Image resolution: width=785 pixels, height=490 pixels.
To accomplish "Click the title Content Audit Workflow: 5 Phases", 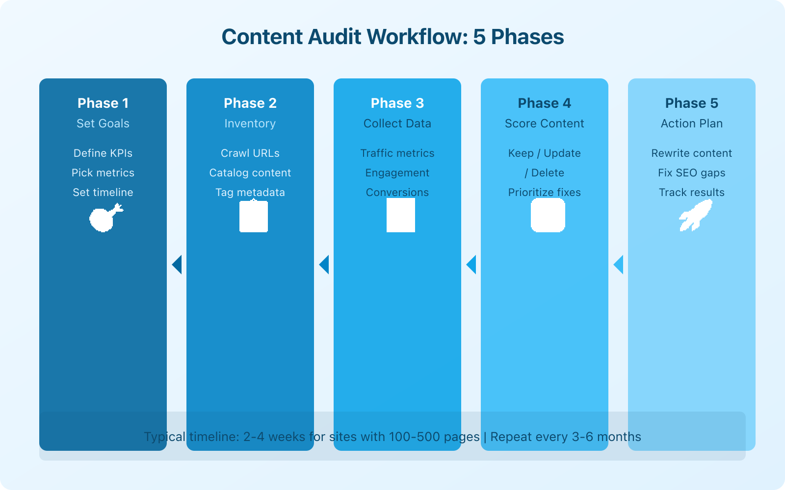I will tap(392, 37).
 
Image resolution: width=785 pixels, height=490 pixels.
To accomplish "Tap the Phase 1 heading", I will tap(103, 103).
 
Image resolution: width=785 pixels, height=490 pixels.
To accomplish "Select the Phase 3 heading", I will tap(397, 103).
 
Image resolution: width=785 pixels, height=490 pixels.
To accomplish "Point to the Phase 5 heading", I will tap(692, 103).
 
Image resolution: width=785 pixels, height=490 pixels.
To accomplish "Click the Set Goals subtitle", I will tap(103, 123).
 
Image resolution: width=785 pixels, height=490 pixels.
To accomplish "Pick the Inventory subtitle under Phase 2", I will tap(250, 123).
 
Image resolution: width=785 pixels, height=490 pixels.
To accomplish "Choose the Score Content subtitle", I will tap(545, 123).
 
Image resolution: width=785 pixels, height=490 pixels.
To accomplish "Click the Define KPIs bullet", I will tap(103, 153).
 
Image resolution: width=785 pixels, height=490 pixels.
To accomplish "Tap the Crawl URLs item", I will tap(250, 153).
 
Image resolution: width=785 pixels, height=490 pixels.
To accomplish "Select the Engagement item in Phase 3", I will tap(397, 172).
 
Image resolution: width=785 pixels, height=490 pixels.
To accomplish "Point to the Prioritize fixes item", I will tap(545, 192).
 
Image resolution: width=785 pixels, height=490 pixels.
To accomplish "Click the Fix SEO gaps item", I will tap(692, 172).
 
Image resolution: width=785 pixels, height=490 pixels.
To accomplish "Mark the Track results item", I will tap(692, 192).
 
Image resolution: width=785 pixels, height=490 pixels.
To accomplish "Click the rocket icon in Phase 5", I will tap(695, 216).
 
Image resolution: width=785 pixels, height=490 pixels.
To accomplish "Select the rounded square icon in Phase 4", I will tap(548, 215).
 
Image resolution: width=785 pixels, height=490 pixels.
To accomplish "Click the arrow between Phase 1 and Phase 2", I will tap(177, 265).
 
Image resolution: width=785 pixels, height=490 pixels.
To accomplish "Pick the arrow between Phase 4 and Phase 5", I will tap(618, 265).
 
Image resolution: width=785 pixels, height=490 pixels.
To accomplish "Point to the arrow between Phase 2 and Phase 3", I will tap(324, 265).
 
